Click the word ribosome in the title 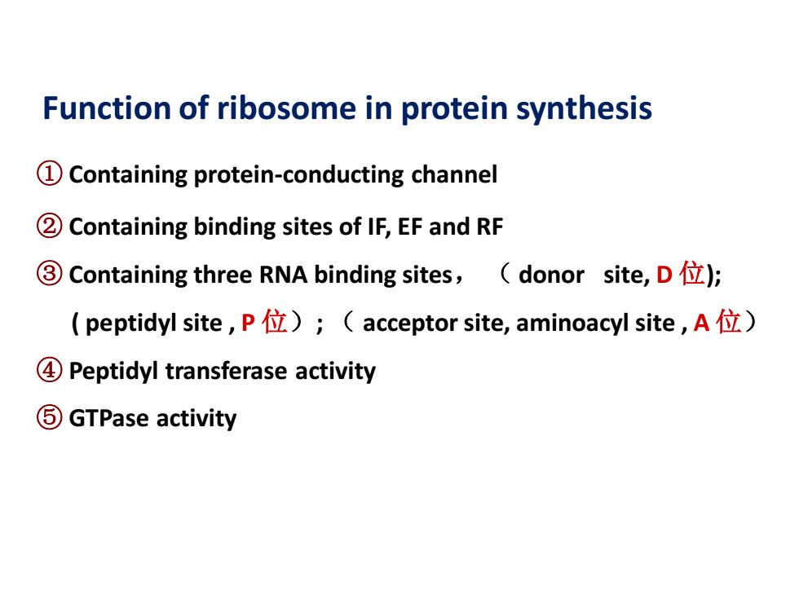coord(286,108)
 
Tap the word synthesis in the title coord(584,109)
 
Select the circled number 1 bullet coord(50,174)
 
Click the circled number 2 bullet coord(50,227)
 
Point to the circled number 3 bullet coord(50,274)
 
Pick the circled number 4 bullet coord(50,370)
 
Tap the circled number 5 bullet coord(50,417)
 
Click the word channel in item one coord(454,174)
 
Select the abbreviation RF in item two coord(490,227)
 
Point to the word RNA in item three coord(284,275)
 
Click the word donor coord(551,275)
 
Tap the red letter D coord(664,275)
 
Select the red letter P coord(248,323)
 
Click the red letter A coord(701,323)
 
